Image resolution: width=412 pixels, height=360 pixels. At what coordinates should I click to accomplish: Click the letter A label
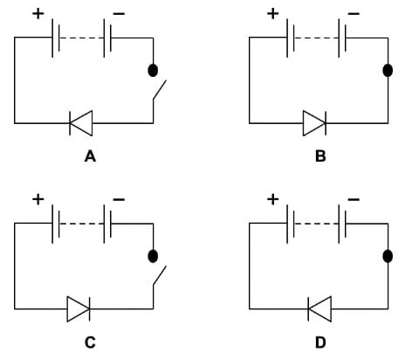[88, 158]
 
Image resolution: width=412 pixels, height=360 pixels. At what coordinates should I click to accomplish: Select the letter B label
[319, 158]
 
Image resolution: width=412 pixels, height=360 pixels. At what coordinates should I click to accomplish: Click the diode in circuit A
[81, 125]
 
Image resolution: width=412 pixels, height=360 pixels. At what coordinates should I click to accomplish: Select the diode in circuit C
[79, 308]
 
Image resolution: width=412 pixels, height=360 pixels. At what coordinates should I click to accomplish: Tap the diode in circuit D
[319, 308]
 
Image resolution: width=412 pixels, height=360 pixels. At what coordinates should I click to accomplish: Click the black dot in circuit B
[388, 71]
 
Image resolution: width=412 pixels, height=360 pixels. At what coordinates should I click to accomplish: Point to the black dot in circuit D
[388, 256]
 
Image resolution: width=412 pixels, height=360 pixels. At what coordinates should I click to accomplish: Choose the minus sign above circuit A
[118, 16]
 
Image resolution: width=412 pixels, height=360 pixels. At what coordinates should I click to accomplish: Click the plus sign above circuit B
[273, 13]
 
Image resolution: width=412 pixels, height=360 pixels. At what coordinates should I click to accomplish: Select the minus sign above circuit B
[353, 15]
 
